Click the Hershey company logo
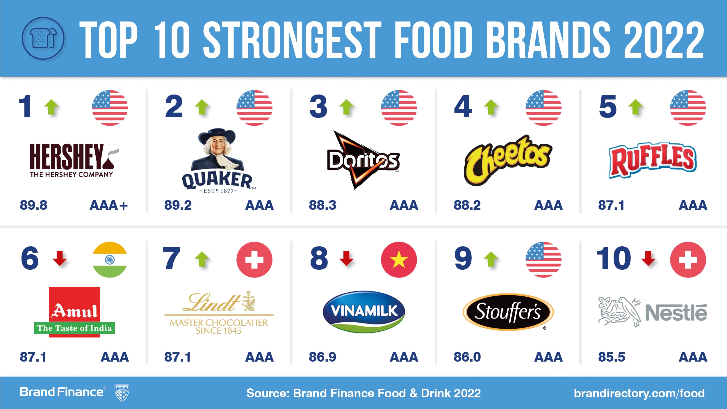73,160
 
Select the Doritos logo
363,160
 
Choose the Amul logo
74,312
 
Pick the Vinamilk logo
364,311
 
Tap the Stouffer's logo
508,312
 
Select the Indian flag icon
110,259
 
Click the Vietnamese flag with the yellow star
399,259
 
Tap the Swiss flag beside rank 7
254,259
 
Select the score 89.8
33,205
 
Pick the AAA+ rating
108,205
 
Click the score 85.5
611,357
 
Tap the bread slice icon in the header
43,38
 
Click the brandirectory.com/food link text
639,393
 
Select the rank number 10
614,258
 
